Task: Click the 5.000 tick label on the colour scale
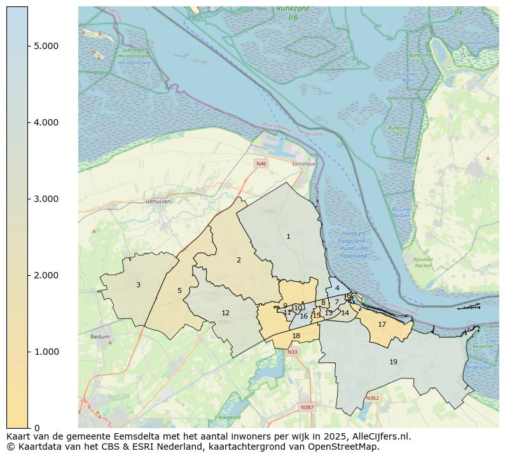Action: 46,46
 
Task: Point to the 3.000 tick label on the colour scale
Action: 46,199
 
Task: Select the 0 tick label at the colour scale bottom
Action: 37,427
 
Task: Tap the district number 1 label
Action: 288,236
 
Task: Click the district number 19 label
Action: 393,362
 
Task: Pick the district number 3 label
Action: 138,285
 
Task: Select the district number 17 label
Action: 382,324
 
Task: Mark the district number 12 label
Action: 225,313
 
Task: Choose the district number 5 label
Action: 179,290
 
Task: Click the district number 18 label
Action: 296,336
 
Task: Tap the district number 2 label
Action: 239,260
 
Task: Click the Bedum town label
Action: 100,337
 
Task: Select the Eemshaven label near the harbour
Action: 305,164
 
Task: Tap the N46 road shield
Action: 261,164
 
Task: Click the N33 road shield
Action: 292,352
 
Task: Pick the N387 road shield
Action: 307,406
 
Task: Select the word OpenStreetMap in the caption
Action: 347,447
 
